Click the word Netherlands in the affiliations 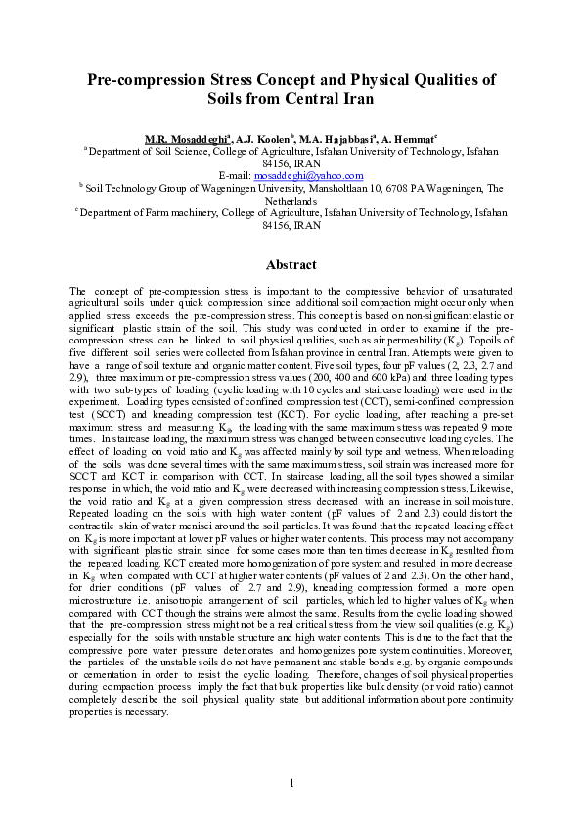click(x=291, y=199)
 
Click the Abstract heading click(x=291, y=265)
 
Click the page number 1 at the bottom click(x=291, y=784)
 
